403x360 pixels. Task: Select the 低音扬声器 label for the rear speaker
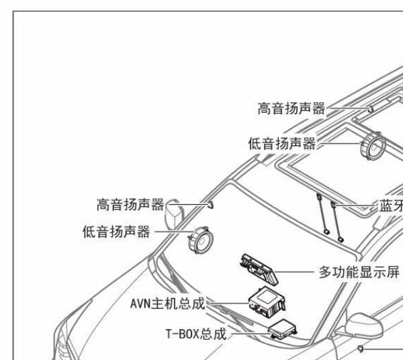(x=281, y=142)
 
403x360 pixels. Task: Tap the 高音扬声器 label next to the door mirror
(x=130, y=204)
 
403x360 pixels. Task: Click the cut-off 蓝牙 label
(x=390, y=206)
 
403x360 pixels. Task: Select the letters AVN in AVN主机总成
(x=142, y=304)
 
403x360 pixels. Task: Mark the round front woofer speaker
(x=199, y=240)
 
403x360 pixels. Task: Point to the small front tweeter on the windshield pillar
(x=211, y=204)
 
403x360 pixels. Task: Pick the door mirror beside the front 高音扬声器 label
(x=174, y=214)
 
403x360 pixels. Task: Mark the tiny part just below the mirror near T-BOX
(x=361, y=348)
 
